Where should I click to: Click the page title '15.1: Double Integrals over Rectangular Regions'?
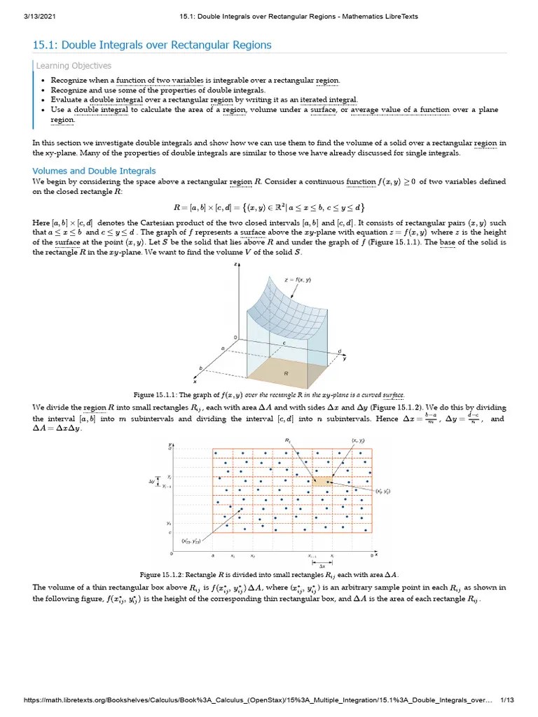pos(152,46)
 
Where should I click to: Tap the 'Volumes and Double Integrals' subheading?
pos(95,171)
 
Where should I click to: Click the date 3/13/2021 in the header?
pos(30,16)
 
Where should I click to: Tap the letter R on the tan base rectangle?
pos(286,374)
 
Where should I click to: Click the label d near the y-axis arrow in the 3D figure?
pos(340,351)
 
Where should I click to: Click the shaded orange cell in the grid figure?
pos(322,481)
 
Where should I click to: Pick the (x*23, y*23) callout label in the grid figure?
pos(191,541)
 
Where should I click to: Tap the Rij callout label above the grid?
pos(288,440)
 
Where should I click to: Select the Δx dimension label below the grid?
pos(322,565)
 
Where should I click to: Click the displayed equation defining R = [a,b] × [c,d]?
pos(268,208)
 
